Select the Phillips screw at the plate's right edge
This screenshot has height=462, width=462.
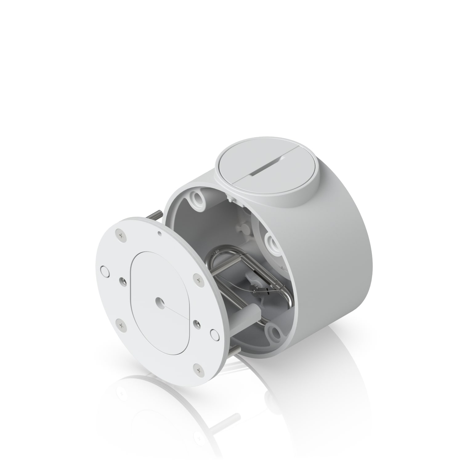coord(199,280)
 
